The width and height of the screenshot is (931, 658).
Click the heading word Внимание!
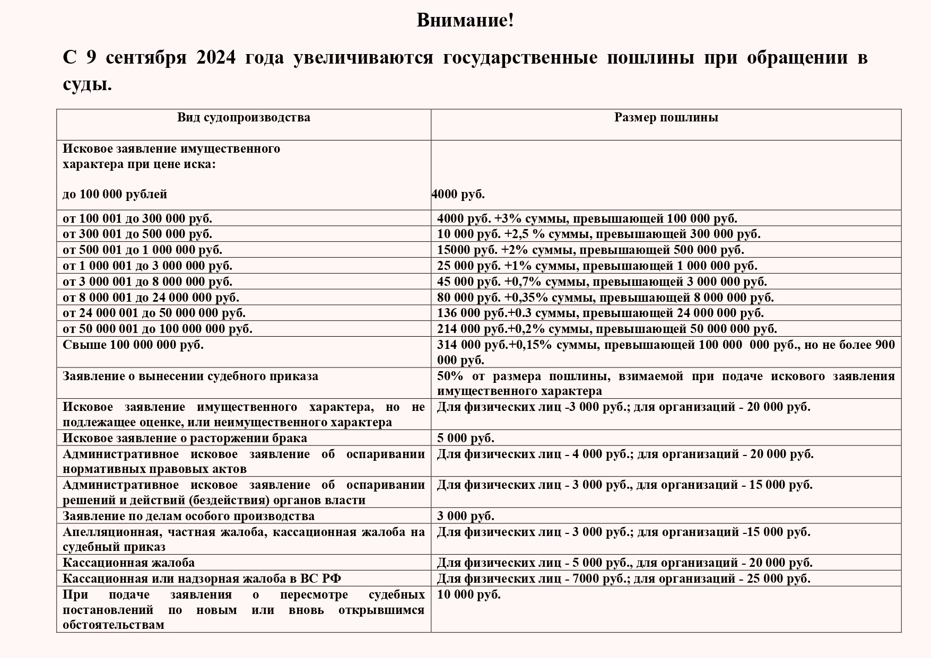(x=465, y=21)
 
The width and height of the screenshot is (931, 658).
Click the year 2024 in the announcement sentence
(x=215, y=57)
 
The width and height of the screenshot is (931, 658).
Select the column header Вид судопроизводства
(x=243, y=118)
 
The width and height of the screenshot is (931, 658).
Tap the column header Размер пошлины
(x=666, y=118)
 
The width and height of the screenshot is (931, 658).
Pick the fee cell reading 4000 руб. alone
(x=458, y=195)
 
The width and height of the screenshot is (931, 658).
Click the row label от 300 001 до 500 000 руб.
(x=137, y=234)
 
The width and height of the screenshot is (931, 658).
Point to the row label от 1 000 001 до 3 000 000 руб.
(x=147, y=266)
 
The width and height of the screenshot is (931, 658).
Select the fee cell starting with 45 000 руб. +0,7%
(x=602, y=282)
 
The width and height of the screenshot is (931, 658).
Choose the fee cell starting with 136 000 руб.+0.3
(x=600, y=313)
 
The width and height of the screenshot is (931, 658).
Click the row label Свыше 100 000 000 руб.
(x=133, y=345)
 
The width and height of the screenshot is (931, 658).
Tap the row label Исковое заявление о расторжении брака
(x=185, y=438)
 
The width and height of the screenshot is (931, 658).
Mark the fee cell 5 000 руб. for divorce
(x=465, y=438)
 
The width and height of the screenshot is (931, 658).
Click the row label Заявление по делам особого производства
(x=188, y=516)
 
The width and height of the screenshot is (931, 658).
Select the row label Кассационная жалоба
(x=128, y=563)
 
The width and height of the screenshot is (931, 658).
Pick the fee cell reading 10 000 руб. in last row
(x=468, y=595)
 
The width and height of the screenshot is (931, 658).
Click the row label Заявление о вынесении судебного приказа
(x=190, y=376)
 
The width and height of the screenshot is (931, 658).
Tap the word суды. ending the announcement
(x=88, y=84)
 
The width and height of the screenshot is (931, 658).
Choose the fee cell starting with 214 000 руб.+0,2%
(x=606, y=329)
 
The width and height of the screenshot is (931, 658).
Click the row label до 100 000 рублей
(x=115, y=195)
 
